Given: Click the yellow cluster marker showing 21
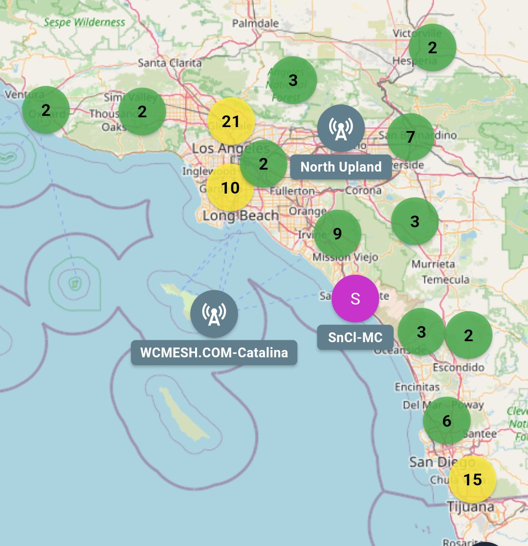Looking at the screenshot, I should tap(231, 122).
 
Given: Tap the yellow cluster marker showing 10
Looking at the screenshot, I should tap(230, 188).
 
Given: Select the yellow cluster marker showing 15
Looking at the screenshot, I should tap(472, 480).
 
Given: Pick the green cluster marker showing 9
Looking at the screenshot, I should tap(337, 234).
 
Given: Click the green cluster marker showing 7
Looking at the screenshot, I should tap(411, 137).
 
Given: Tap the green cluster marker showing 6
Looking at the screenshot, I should tap(446, 421).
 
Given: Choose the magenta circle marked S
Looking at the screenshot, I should tap(355, 299).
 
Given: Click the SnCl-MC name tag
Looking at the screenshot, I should tap(355, 337).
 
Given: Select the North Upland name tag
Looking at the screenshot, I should tap(341, 167).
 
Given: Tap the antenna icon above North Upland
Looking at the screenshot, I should tap(341, 128).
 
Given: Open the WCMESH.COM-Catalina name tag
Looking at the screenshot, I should tap(214, 352).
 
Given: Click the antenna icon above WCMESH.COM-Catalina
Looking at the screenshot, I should tap(214, 313).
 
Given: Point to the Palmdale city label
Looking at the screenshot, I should tap(255, 23).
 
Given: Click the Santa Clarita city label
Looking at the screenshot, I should tap(170, 63).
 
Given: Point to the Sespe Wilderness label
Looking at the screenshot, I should tap(85, 22).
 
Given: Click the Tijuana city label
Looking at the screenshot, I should tap(471, 507).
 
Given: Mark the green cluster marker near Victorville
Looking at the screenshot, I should tap(432, 48).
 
